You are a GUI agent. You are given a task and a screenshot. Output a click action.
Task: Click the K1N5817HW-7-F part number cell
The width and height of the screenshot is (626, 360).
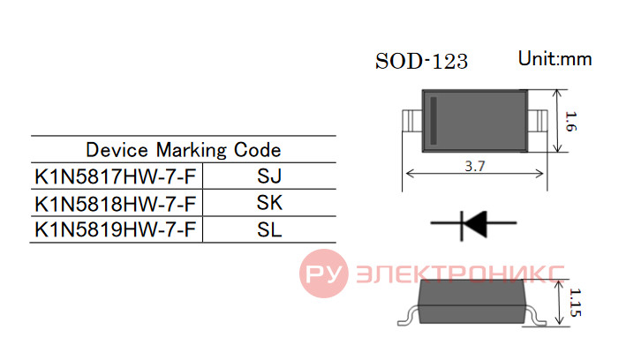pyautogui.click(x=116, y=176)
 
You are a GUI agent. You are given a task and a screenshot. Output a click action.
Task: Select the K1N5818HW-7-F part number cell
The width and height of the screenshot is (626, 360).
pyautogui.click(x=116, y=204)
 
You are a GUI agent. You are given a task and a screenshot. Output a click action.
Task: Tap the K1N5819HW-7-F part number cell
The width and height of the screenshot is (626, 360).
pyautogui.click(x=116, y=230)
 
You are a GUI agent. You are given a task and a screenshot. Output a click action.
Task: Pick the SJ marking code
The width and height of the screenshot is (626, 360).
pyautogui.click(x=269, y=176)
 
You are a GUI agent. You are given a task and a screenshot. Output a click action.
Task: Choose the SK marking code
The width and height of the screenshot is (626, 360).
pyautogui.click(x=269, y=203)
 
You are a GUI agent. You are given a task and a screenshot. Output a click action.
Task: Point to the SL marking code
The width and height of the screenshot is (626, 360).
pyautogui.click(x=269, y=230)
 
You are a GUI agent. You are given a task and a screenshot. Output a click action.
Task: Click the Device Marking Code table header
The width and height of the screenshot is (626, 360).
pyautogui.click(x=184, y=150)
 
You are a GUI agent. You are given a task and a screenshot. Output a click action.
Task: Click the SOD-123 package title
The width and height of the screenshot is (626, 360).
pyautogui.click(x=421, y=62)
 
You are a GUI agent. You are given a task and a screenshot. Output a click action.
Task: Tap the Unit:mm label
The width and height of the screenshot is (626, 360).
pyautogui.click(x=555, y=59)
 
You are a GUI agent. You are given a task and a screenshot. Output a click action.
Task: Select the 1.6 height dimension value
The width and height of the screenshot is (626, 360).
pyautogui.click(x=571, y=122)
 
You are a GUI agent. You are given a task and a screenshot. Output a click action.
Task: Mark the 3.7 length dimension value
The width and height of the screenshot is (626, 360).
pyautogui.click(x=475, y=166)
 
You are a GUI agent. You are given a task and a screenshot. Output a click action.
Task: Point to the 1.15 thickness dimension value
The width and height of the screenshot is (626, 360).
pyautogui.click(x=575, y=303)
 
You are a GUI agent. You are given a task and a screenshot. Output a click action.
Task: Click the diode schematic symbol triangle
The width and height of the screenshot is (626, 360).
pyautogui.click(x=476, y=223)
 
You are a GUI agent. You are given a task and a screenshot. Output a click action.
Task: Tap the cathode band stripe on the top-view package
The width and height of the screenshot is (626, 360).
pyautogui.click(x=434, y=121)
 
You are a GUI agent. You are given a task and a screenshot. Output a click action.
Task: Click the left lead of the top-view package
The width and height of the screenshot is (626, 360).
pyautogui.click(x=412, y=121)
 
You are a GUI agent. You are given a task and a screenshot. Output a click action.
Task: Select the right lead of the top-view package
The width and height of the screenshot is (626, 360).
pyautogui.click(x=538, y=121)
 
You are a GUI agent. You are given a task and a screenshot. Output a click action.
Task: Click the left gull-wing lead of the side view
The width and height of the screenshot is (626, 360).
pyautogui.click(x=408, y=315)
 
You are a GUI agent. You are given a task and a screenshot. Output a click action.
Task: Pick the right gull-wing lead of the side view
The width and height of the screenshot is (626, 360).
pyautogui.click(x=535, y=315)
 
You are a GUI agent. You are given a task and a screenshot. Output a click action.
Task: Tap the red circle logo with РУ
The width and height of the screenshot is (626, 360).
pyautogui.click(x=324, y=274)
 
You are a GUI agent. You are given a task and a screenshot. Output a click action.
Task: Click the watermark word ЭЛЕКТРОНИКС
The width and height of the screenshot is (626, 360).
pyautogui.click(x=460, y=274)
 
